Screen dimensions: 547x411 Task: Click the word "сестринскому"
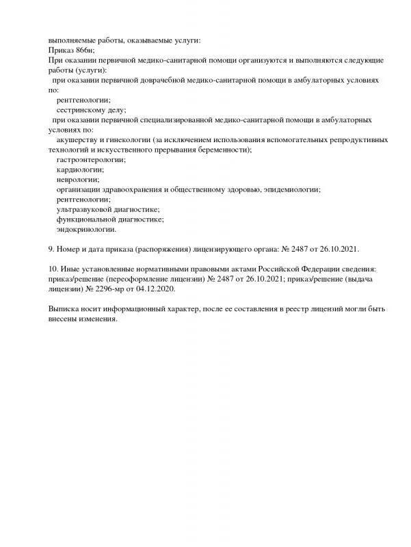pos(84,109)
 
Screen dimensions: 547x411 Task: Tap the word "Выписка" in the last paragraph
pos(65,309)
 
